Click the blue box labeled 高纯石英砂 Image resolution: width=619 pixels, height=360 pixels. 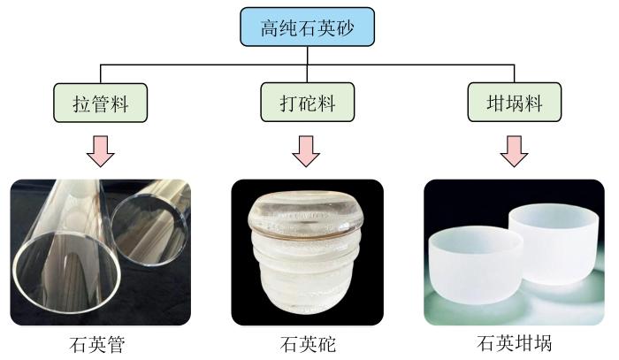[x=307, y=27]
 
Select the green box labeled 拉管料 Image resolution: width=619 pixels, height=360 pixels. [x=100, y=103]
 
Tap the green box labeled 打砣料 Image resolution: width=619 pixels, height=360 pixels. [x=307, y=103]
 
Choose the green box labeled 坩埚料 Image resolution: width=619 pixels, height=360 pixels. [x=514, y=103]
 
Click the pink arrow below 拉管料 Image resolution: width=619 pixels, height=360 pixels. [x=100, y=151]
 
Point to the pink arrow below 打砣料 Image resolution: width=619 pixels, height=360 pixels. [x=306, y=151]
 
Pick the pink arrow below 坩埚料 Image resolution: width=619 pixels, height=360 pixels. [x=514, y=151]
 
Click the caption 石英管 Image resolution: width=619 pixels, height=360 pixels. [x=97, y=344]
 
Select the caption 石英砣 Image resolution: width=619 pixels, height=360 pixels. [x=308, y=344]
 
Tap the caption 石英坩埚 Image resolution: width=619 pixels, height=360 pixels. [x=514, y=343]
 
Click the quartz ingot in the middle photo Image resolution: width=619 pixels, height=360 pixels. [x=306, y=252]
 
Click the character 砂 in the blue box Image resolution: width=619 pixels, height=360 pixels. [x=344, y=27]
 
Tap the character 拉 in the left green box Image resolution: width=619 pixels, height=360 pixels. [x=82, y=103]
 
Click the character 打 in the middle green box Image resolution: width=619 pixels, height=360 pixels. [x=288, y=103]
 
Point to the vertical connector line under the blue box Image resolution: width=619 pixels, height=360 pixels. [x=307, y=65]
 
